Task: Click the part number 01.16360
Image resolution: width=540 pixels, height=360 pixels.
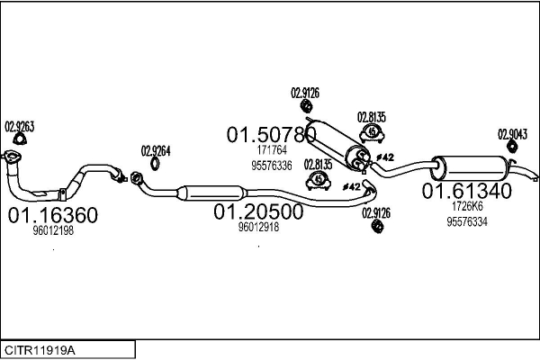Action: tap(53, 215)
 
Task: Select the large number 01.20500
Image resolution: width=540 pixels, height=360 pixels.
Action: tap(258, 211)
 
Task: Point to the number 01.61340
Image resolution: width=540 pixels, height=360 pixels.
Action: tap(467, 191)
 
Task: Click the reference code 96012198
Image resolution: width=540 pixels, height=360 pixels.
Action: tap(53, 231)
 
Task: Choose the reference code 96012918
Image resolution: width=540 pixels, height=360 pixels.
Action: tap(258, 228)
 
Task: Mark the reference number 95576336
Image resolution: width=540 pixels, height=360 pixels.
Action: tap(271, 166)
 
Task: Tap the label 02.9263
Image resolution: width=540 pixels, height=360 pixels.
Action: tap(20, 126)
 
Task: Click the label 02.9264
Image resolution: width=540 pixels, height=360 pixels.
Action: tap(155, 150)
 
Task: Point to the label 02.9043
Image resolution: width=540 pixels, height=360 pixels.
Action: tap(511, 133)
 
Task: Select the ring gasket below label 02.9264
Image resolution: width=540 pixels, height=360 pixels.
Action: tap(155, 163)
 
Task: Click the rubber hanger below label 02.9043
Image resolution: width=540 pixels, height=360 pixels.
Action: tap(509, 148)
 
